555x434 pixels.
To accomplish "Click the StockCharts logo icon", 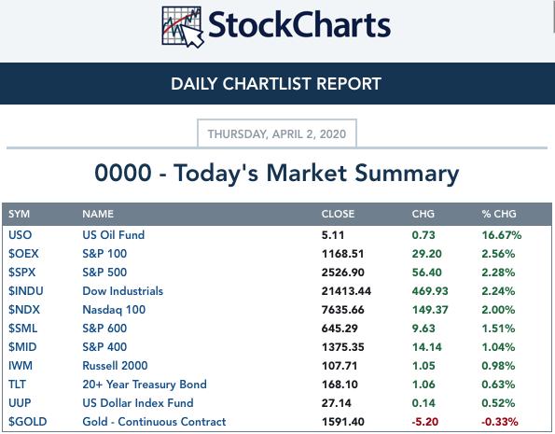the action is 183,27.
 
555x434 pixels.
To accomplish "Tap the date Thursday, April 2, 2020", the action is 277,133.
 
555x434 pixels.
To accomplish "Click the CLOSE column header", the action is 338,214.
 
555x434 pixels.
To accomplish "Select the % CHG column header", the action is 499,214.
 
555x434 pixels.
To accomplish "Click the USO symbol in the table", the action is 21,235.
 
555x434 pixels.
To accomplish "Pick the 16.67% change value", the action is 502,235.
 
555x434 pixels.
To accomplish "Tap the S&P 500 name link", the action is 104,273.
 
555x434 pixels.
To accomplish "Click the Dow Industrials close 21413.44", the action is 346,291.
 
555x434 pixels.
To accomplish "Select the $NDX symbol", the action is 24,309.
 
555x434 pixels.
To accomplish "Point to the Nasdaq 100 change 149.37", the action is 430,310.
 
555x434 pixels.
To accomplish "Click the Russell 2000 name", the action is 115,365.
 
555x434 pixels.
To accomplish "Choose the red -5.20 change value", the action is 424,422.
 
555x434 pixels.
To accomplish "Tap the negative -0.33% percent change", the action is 499,422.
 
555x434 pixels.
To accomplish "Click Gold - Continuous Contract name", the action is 154,422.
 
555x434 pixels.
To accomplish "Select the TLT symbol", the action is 17,384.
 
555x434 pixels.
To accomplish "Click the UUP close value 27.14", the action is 336,403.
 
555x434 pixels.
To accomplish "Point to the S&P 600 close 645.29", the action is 340,329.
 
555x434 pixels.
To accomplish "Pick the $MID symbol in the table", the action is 22,346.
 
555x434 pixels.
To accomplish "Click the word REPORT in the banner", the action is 349,84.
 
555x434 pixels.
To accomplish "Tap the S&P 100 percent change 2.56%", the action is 498,254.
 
